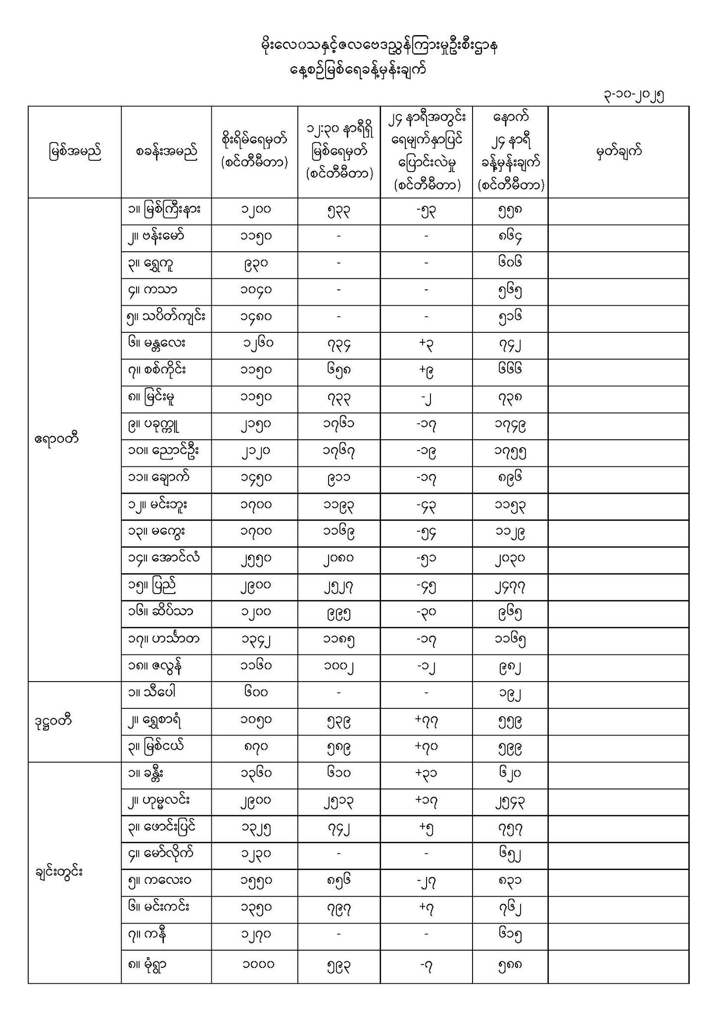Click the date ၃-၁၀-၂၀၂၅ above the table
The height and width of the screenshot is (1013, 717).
(633, 95)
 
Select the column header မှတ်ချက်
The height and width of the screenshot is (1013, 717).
(618, 151)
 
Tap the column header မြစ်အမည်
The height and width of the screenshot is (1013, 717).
(74, 151)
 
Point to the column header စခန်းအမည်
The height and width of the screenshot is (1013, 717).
(166, 151)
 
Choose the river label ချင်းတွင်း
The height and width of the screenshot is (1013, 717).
(58, 871)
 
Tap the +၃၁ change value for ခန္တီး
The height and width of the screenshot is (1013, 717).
(426, 774)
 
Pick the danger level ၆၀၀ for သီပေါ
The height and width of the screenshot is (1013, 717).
(255, 692)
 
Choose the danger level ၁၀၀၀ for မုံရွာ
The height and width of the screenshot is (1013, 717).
(258, 964)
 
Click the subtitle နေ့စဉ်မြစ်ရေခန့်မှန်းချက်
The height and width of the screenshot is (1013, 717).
(358, 70)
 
